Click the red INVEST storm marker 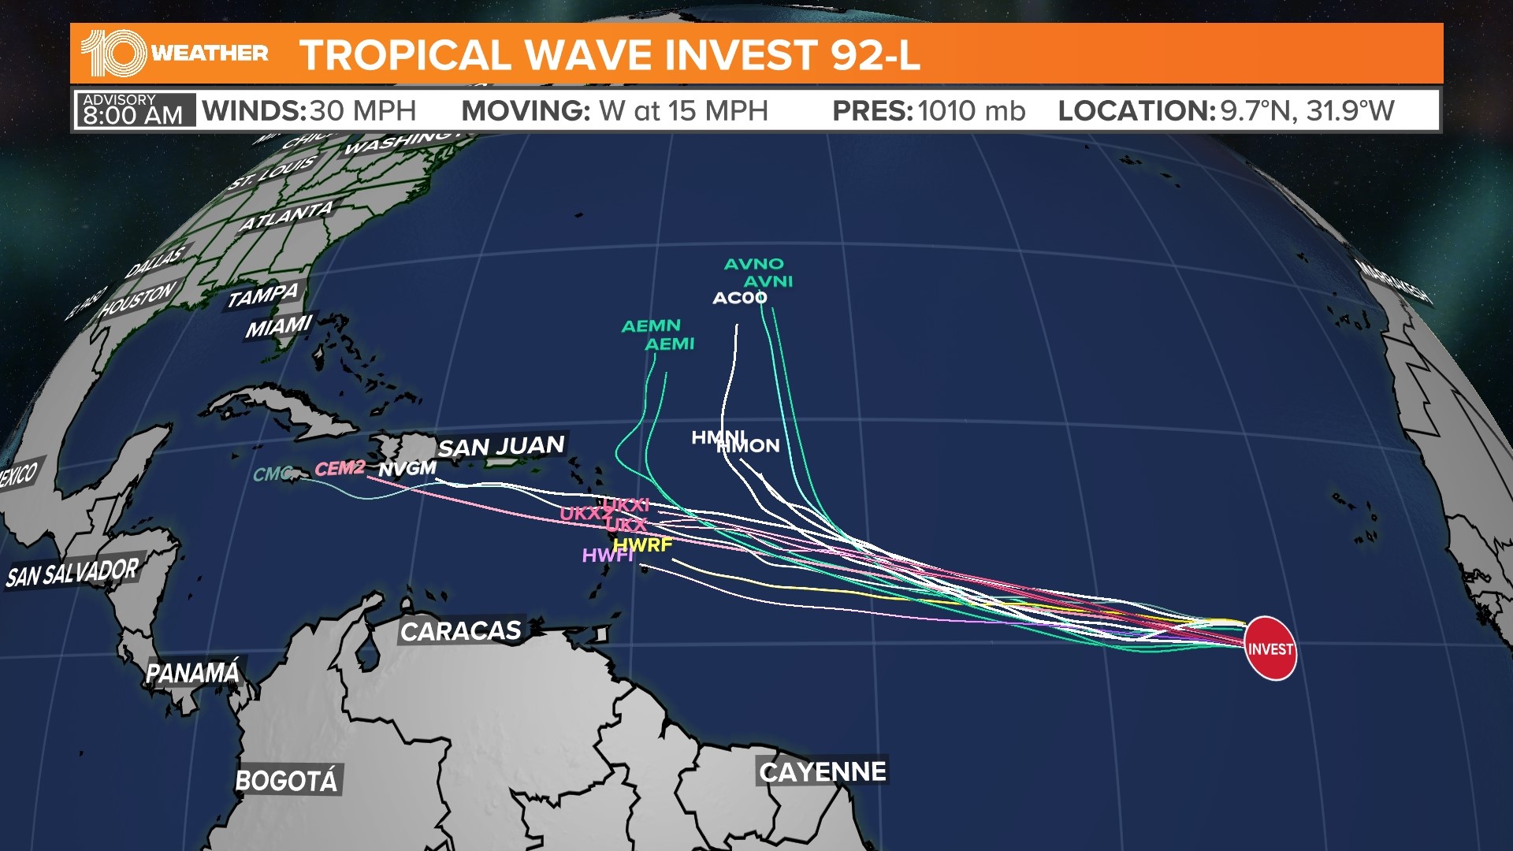tap(1270, 648)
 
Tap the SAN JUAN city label tap(501, 447)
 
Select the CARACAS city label tap(461, 630)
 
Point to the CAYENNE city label tap(823, 771)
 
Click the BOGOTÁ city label tap(287, 781)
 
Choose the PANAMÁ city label tap(193, 673)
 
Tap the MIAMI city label tap(279, 326)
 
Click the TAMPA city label tap(263, 296)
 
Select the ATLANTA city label tap(286, 216)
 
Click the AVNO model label tap(754, 264)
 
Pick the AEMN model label tap(651, 325)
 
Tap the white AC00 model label tap(739, 298)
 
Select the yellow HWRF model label tap(643, 544)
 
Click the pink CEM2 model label tap(340, 468)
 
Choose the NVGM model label tap(407, 469)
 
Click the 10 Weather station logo tap(174, 53)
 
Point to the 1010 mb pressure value tap(971, 111)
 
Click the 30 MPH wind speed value tap(362, 111)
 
